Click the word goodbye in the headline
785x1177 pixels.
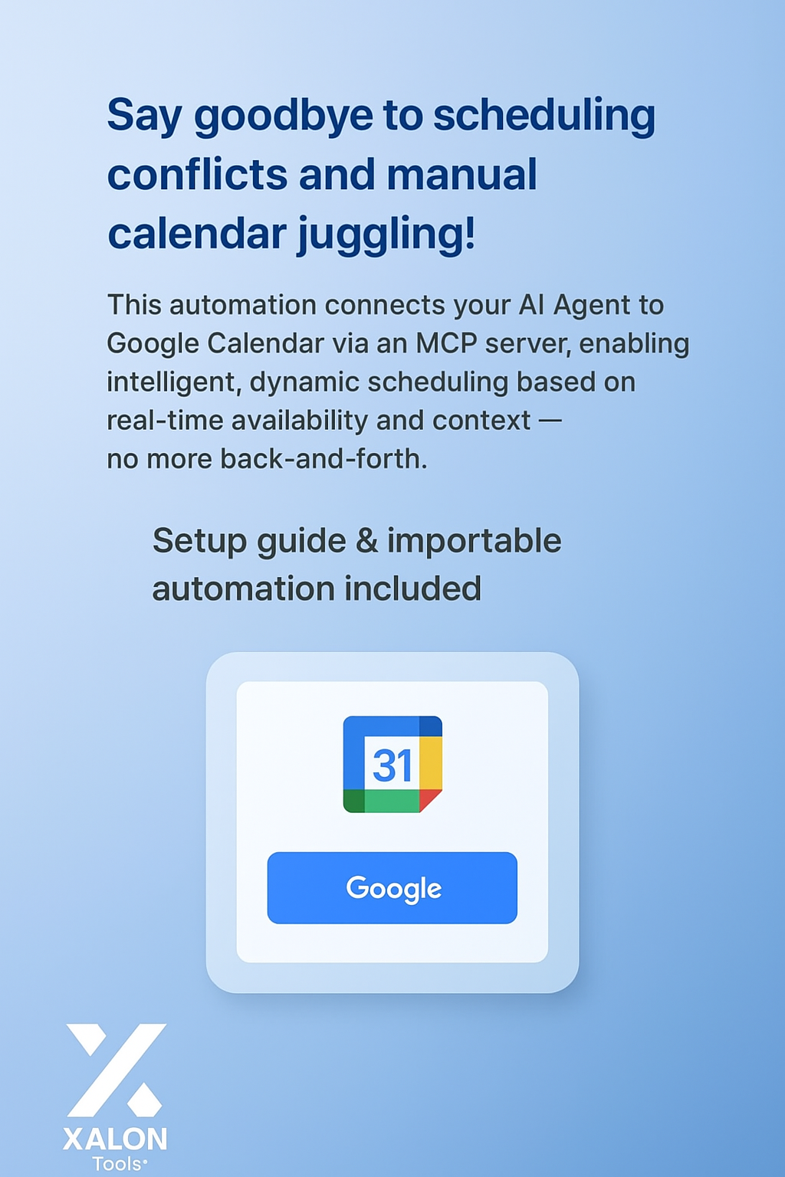click(283, 116)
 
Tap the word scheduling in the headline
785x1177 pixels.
click(544, 116)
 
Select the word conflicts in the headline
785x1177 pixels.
click(197, 175)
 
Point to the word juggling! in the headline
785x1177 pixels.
click(386, 234)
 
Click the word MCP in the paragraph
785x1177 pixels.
click(446, 343)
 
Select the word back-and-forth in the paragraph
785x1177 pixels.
click(323, 459)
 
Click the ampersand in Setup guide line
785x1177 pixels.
click(367, 541)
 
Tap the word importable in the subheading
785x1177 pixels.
click(474, 541)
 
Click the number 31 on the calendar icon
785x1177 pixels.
click(392, 765)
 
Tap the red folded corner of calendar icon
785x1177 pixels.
click(429, 799)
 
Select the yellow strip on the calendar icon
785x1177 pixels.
click(431, 762)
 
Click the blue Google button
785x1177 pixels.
click(392, 887)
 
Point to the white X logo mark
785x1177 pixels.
click(116, 1070)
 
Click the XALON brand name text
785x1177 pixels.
click(115, 1139)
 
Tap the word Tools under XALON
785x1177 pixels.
click(117, 1164)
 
